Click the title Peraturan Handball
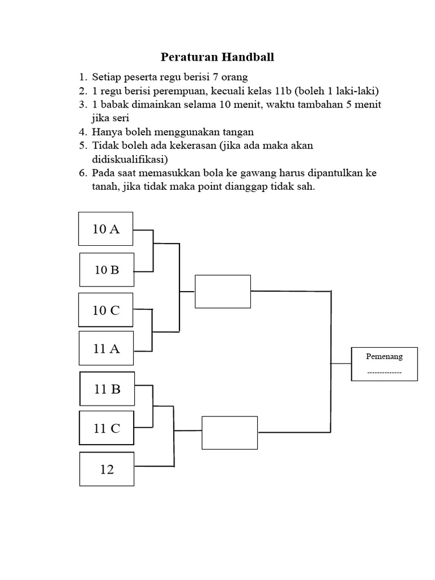point(217,57)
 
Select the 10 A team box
point(106,229)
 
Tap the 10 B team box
point(106,270)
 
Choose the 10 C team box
point(106,310)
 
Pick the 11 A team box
point(106,349)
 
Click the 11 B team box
point(107,389)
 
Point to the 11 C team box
point(107,428)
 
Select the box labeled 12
point(107,469)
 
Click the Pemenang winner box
point(385,364)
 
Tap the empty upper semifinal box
point(223,291)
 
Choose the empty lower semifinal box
point(229,433)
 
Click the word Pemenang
point(385,357)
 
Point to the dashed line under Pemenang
point(385,373)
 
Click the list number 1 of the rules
point(83,77)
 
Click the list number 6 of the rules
point(83,173)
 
